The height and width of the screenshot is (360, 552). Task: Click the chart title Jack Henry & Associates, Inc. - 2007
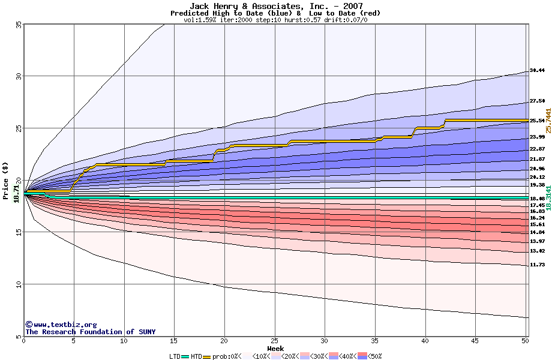[275, 6]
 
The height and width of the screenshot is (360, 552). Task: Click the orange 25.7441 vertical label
[548, 125]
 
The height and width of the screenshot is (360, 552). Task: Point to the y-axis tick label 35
[18, 24]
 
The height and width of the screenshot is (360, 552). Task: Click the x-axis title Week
[275, 348]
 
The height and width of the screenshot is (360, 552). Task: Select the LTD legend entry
[175, 356]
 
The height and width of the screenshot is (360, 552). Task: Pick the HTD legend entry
[197, 356]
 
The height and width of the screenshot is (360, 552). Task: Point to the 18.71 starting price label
[17, 191]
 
